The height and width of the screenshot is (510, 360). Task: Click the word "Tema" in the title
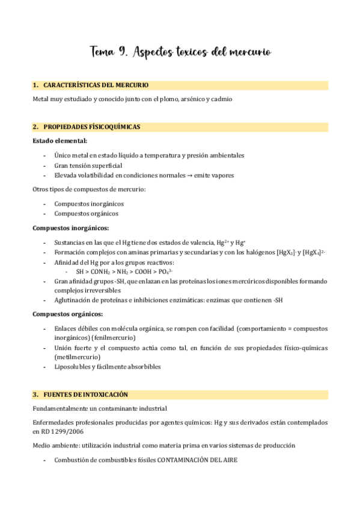coord(104,53)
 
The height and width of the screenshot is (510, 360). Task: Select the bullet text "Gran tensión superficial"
coord(88,165)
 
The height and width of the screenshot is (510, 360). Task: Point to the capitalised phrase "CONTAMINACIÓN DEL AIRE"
coord(197,460)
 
